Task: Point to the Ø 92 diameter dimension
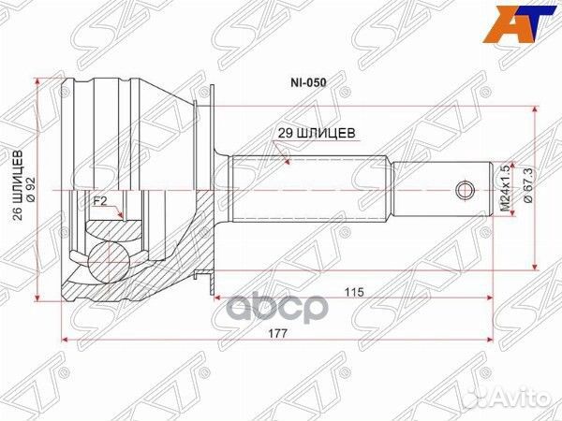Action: [x=32, y=190]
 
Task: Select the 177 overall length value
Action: [x=278, y=332]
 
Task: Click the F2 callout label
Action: [x=99, y=200]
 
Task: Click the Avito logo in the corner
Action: [x=525, y=401]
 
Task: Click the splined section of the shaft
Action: [x=309, y=191]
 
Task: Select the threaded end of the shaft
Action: [x=440, y=191]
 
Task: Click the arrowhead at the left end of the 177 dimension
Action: [x=64, y=338]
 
